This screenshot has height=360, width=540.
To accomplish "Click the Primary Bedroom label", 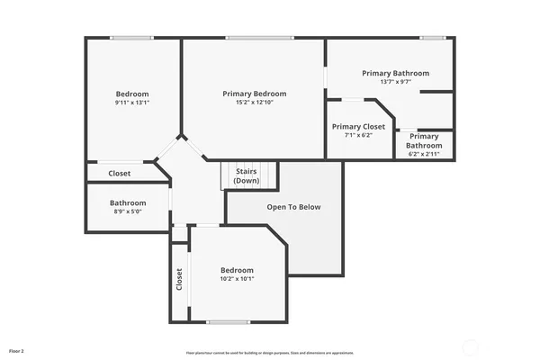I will click(x=255, y=94).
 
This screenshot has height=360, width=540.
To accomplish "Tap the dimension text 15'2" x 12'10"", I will click(x=255, y=103).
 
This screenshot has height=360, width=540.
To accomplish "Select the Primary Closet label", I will click(x=358, y=127).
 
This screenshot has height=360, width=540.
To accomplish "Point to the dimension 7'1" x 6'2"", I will click(x=358, y=136).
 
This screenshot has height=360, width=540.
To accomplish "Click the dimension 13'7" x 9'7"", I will click(x=395, y=82).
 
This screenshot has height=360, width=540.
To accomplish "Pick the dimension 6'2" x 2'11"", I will click(x=424, y=155).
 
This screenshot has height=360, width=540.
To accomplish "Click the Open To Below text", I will click(x=293, y=207).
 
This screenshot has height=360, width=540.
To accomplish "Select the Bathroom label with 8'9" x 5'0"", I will click(x=128, y=202).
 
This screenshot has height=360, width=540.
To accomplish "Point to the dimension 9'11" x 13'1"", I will click(x=132, y=103).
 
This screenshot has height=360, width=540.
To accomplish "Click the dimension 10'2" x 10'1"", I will click(x=238, y=279).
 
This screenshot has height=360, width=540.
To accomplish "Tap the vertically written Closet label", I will click(x=179, y=280).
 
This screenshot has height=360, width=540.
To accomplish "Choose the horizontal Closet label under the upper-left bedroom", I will click(x=120, y=173).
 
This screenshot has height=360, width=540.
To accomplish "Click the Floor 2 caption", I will click(x=16, y=349).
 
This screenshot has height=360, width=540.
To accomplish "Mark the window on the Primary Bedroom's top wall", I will click(x=254, y=38).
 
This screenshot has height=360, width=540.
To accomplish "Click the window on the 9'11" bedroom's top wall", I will click(x=131, y=38).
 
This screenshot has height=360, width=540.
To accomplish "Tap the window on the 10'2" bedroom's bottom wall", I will click(x=228, y=322).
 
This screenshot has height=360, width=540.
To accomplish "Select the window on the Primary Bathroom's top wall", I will click(x=433, y=38).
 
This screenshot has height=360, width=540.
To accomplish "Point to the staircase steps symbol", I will click(x=228, y=175).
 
